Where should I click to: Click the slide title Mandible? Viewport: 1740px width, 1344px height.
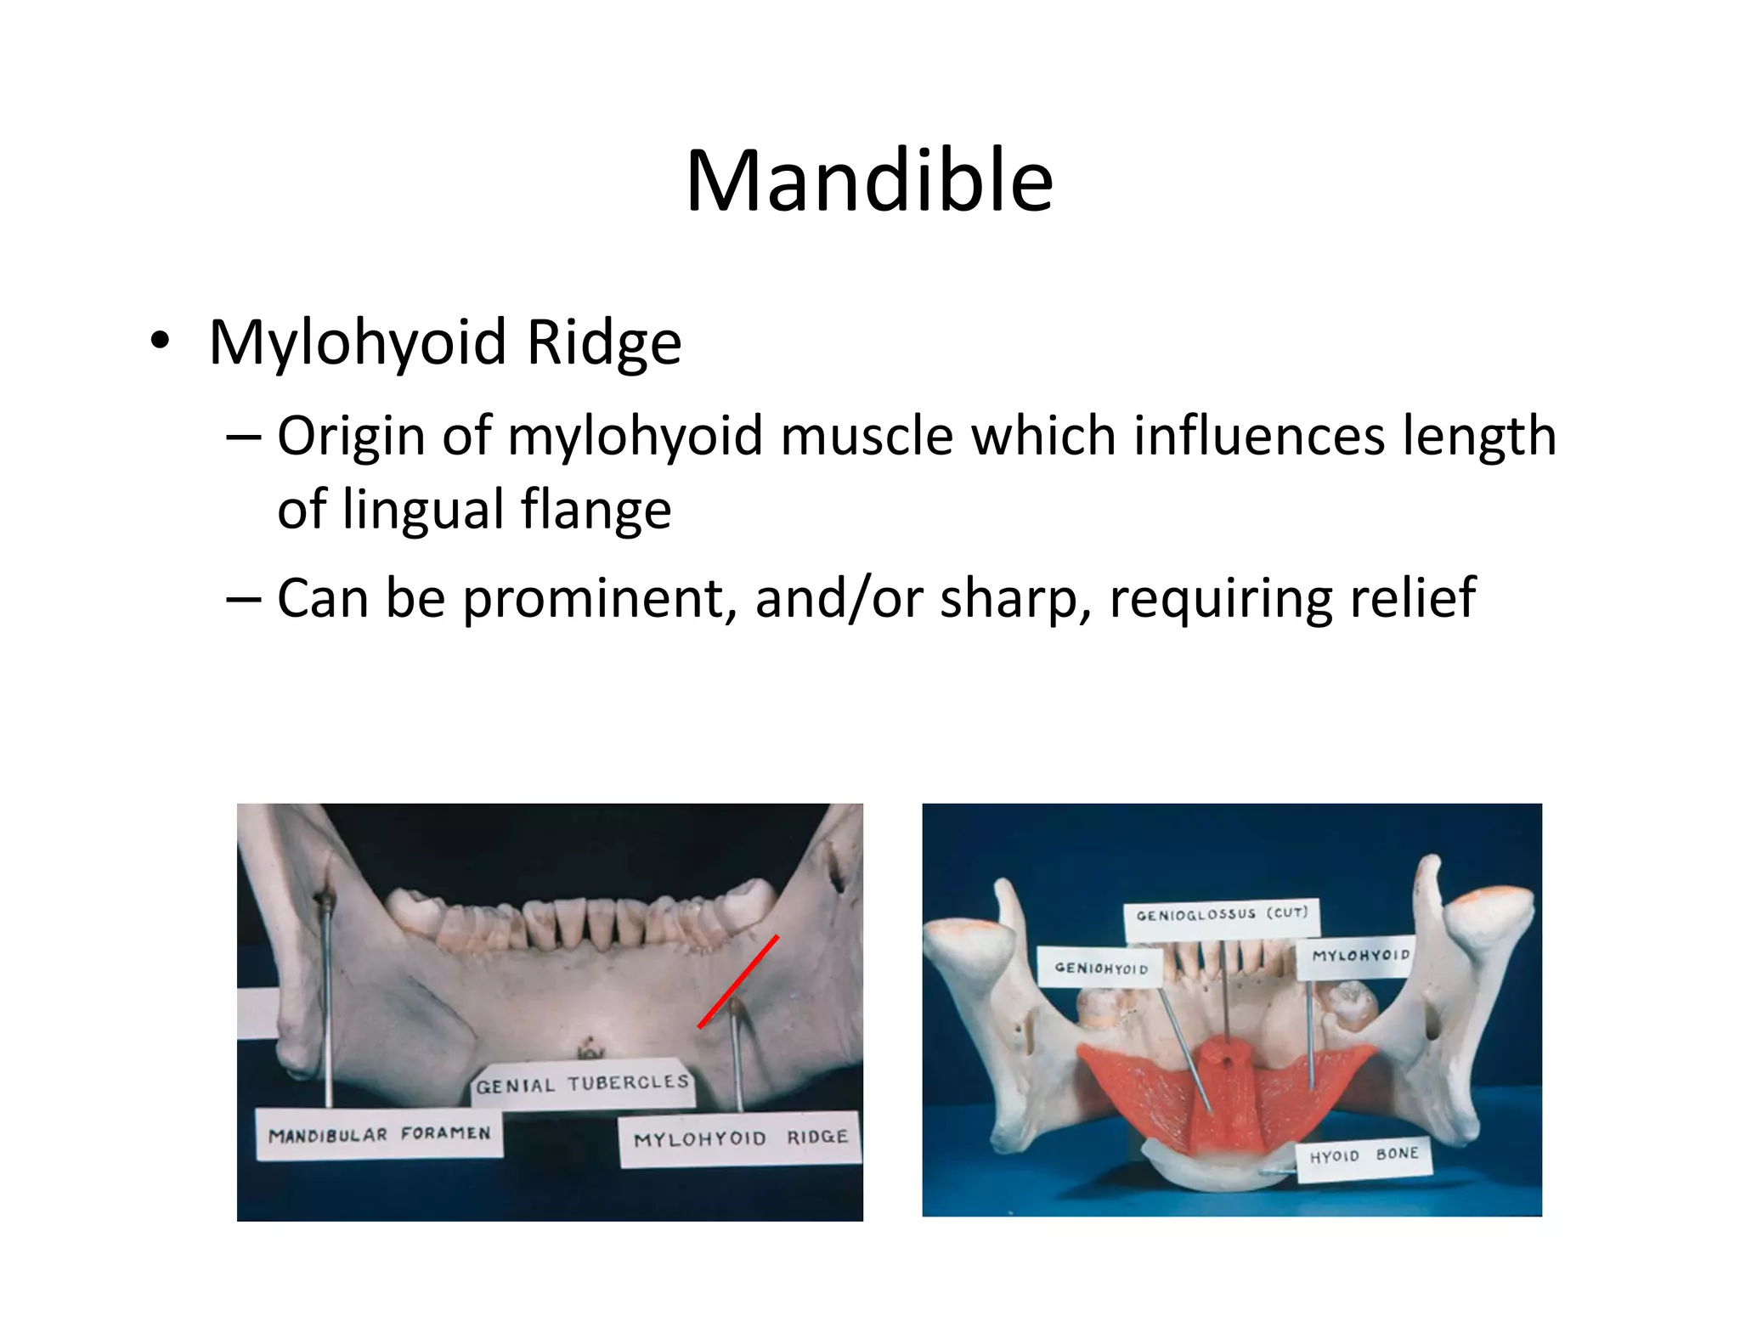[x=869, y=180]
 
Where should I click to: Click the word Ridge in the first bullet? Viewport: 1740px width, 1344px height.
[x=604, y=342]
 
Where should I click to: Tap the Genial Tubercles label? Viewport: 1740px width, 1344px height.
[x=582, y=1084]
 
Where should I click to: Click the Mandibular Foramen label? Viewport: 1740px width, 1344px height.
[x=379, y=1134]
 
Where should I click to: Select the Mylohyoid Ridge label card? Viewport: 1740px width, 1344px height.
[x=740, y=1138]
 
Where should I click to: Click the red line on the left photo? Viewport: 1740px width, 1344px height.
[x=737, y=982]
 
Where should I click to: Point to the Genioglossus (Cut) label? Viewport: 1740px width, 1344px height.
[x=1222, y=915]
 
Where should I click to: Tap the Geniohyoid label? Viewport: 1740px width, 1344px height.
[x=1100, y=968]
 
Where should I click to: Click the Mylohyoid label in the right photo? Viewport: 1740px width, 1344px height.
[x=1360, y=956]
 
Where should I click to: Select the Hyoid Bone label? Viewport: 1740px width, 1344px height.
[x=1364, y=1156]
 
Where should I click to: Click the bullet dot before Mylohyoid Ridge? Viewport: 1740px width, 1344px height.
[x=160, y=342]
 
